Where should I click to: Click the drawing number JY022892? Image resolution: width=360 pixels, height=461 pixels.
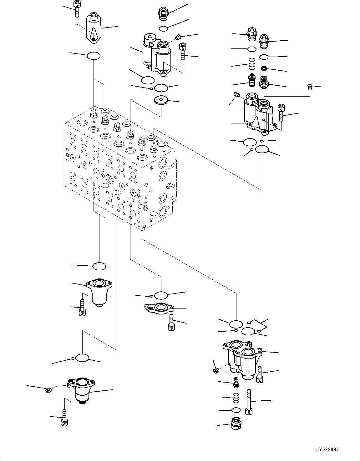pyautogui.click(x=327, y=449)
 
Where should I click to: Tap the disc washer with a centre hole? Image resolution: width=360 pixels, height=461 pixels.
pyautogui.click(x=161, y=100)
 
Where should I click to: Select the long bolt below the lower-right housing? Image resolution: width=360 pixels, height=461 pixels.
pyautogui.click(x=249, y=402)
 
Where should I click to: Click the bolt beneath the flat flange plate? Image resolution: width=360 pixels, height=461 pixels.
pyautogui.click(x=171, y=323)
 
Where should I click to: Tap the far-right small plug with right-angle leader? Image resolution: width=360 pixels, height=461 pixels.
pyautogui.click(x=310, y=87)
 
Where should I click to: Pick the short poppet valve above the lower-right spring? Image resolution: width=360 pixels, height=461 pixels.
pyautogui.click(x=236, y=382)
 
